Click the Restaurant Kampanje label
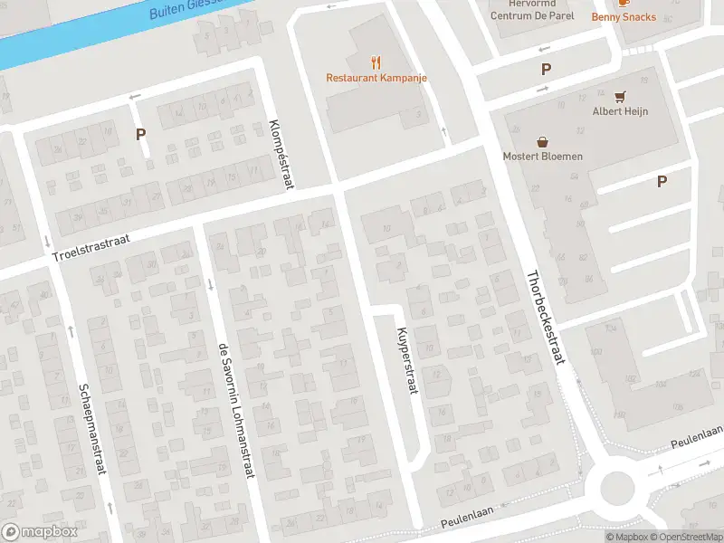coord(376,78)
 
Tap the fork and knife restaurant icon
coord(376,62)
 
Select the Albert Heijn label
coord(620,112)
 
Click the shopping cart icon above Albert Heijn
coord(620,96)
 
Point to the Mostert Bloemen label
coord(543,156)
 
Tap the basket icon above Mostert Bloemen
coord(543,140)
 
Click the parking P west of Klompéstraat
coord(140,134)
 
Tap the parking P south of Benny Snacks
coord(546,69)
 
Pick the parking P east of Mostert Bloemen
coord(662,181)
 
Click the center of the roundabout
coord(621,489)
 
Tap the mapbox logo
coord(40,531)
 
